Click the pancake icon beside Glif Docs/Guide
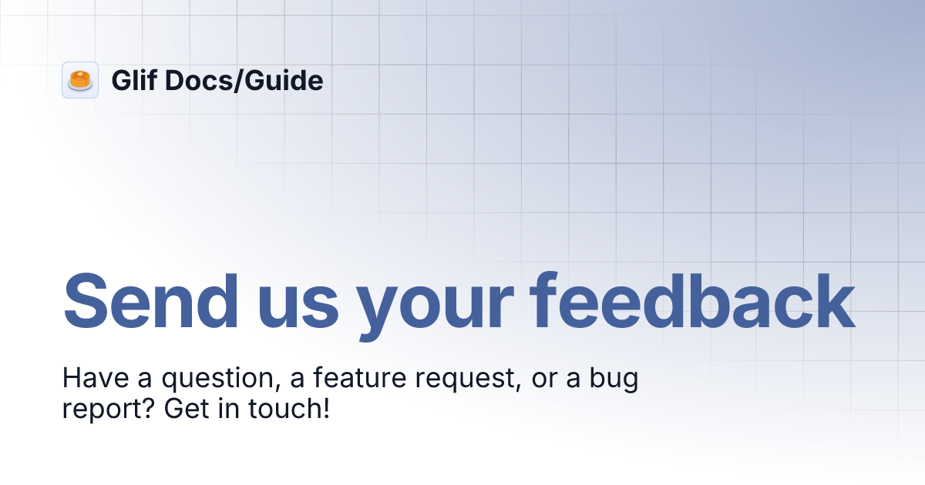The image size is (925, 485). click(80, 80)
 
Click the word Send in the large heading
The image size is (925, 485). click(150, 300)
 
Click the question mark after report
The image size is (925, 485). click(145, 408)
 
